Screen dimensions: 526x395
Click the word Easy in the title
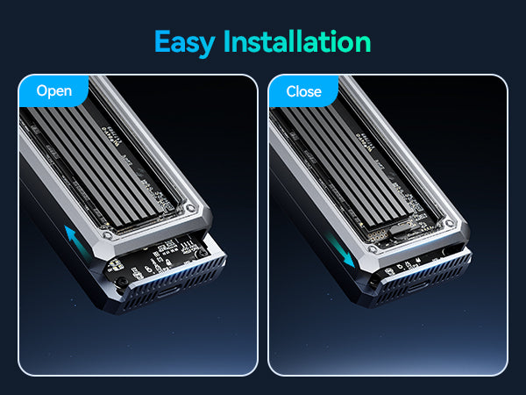tap(184, 43)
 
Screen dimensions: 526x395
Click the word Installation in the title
tap(297, 41)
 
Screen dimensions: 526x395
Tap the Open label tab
tap(54, 91)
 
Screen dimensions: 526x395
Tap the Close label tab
tap(303, 91)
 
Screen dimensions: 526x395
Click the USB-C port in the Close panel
tap(417, 287)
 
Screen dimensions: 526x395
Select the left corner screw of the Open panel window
tap(106, 235)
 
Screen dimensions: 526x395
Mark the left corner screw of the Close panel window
tap(372, 249)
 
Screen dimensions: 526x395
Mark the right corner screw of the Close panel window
tap(450, 223)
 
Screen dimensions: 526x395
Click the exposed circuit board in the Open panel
tap(158, 259)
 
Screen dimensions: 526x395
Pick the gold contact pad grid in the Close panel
tap(377, 234)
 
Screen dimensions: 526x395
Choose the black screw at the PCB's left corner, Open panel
tap(122, 282)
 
